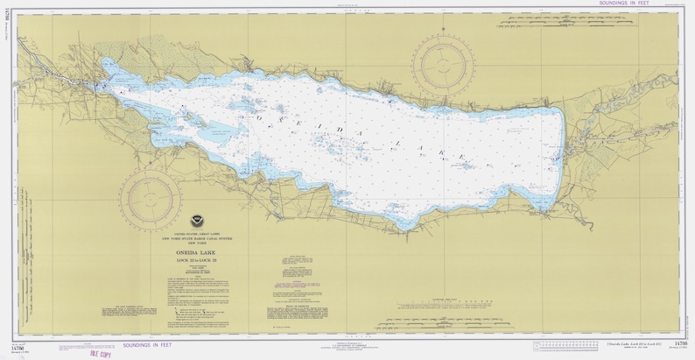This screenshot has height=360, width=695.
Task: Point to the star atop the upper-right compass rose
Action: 445,29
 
